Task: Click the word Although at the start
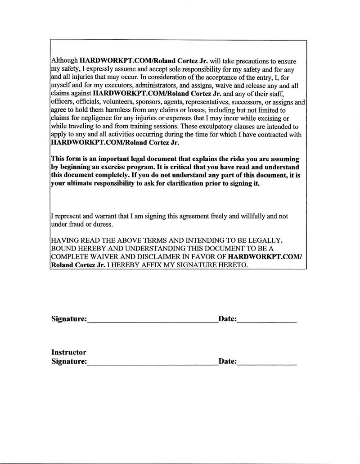pos(65,60)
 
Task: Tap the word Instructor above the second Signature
pos(69,352)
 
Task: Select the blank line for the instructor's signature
pos(152,364)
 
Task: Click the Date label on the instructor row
pos(227,361)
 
